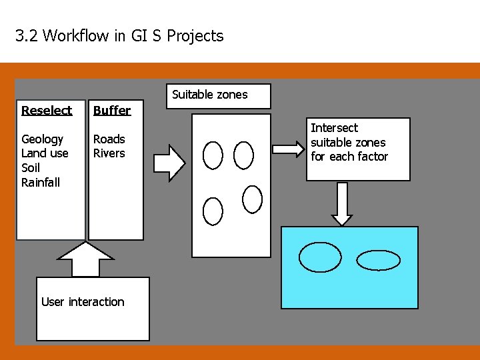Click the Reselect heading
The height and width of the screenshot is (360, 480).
[47, 110]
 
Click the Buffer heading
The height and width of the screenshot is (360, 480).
[112, 110]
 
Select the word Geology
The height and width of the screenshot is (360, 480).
[42, 139]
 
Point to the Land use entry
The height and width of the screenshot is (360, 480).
[45, 153]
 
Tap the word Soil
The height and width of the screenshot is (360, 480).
[31, 168]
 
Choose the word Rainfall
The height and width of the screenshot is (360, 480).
[40, 182]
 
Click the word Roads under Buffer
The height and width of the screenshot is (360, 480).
[109, 139]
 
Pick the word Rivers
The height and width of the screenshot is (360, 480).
[109, 153]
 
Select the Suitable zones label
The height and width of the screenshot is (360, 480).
[209, 95]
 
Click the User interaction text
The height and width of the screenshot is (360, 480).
[83, 302]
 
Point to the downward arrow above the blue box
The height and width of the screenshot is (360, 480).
[342, 203]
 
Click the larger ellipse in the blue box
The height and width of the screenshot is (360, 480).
[320, 257]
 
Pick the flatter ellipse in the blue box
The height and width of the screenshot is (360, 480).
[379, 260]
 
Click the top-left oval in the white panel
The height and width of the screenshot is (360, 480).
[213, 155]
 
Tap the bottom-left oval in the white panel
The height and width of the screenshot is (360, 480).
[213, 211]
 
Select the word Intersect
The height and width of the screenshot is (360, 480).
[334, 128]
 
